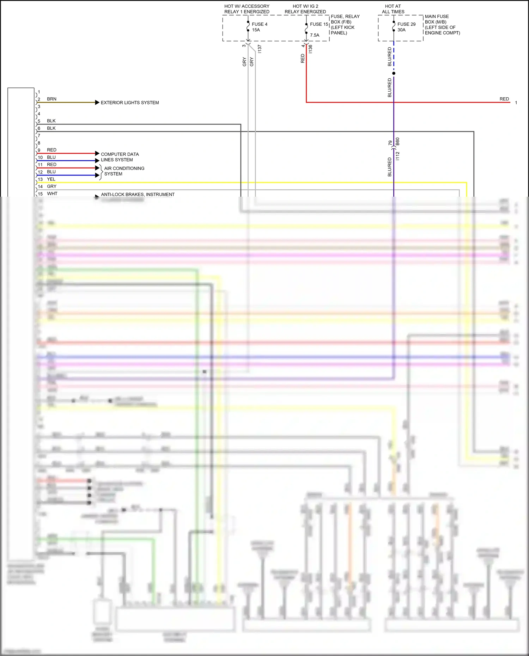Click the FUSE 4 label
[x=259, y=24]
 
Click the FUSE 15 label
[x=319, y=24]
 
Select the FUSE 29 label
[x=406, y=24]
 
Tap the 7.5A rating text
[x=315, y=35]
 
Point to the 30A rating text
[x=401, y=30]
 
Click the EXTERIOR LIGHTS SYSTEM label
[x=130, y=103]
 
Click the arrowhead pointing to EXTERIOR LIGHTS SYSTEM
[x=97, y=103]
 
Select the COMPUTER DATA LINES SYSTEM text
[x=120, y=157]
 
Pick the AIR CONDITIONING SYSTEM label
[x=124, y=171]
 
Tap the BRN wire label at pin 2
[x=51, y=99]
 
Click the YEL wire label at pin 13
[x=51, y=179]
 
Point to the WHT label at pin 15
[x=52, y=194]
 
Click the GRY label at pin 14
[x=51, y=186]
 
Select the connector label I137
[x=260, y=49]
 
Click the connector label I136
[x=310, y=49]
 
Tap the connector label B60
[x=397, y=142]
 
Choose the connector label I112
[x=397, y=156]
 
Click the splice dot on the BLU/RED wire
[x=394, y=73]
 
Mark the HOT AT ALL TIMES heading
[x=393, y=9]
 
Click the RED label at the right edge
[x=504, y=99]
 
